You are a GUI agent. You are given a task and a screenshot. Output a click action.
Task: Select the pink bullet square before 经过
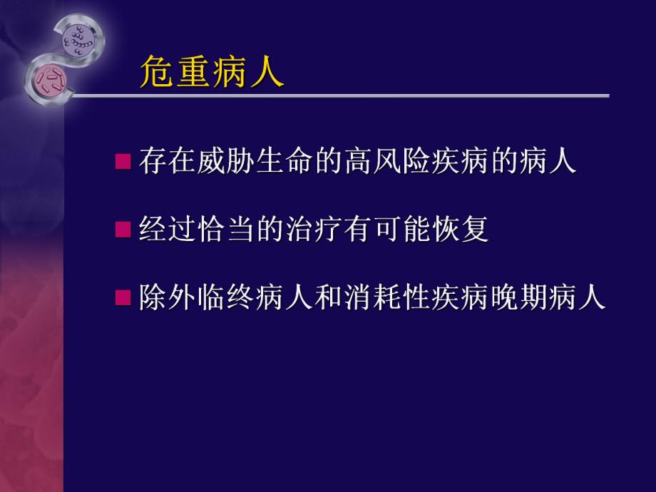tap(123, 230)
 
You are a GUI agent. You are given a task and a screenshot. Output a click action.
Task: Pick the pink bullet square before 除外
tap(123, 297)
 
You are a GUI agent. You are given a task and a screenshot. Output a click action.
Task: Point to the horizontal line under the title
tap(342, 95)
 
